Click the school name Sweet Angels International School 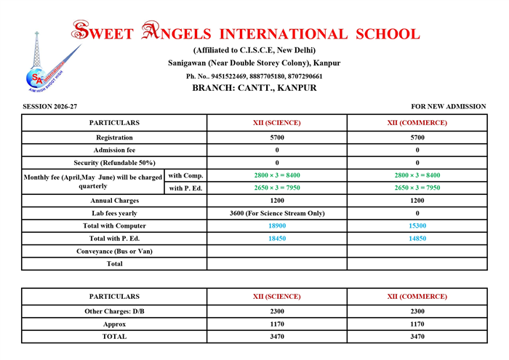(x=245, y=33)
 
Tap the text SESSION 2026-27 (x=49, y=106)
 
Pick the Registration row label (x=114, y=137)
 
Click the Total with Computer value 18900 (x=277, y=226)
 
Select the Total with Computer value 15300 (x=417, y=226)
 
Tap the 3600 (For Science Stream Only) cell (x=277, y=213)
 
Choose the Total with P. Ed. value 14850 (x=417, y=239)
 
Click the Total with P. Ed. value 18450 (x=277, y=239)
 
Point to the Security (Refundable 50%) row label (x=114, y=162)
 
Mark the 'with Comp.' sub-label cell (x=186, y=175)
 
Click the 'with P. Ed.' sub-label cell (x=186, y=188)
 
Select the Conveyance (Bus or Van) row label (x=114, y=251)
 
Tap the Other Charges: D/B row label (x=114, y=311)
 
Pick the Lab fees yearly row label (x=114, y=213)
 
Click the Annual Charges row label (x=114, y=200)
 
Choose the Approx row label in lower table (x=114, y=324)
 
